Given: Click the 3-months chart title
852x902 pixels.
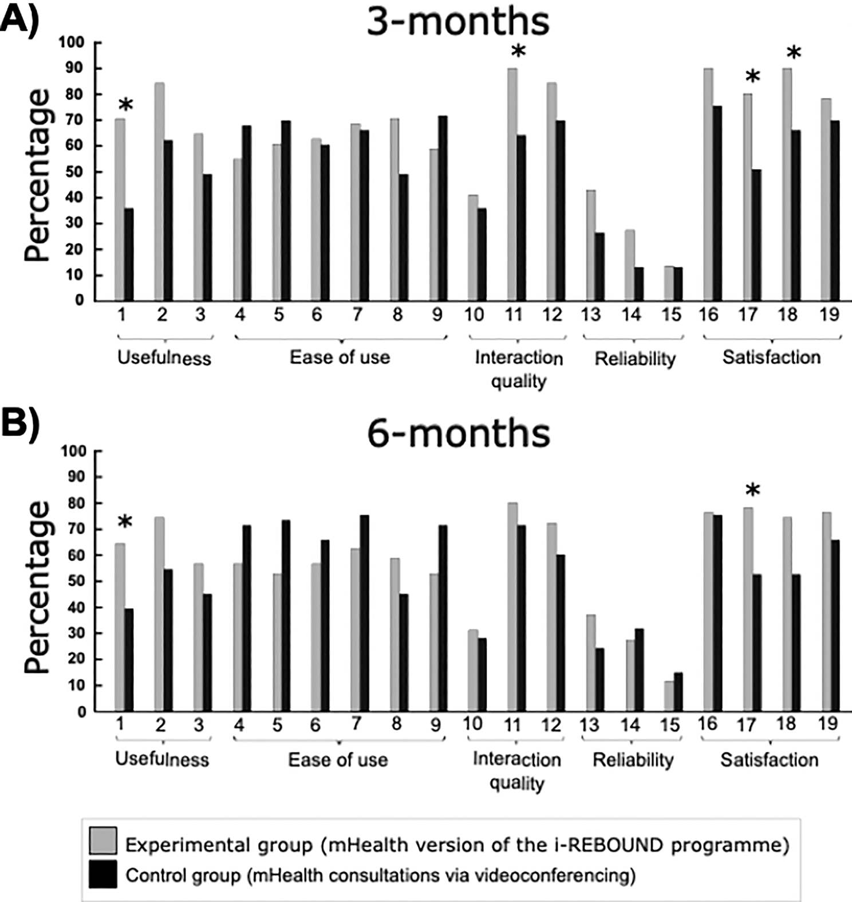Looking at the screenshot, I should coord(457,22).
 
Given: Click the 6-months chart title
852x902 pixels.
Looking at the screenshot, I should coord(458,434).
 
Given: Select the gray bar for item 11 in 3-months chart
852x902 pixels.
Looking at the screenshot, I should coord(512,183).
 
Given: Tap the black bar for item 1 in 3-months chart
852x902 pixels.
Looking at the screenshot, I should coord(129,254).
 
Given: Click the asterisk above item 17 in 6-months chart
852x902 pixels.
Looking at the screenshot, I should coord(752,490).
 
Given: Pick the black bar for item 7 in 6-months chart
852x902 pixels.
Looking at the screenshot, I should coord(364,613).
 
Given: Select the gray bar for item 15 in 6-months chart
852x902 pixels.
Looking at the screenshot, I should coord(669,696).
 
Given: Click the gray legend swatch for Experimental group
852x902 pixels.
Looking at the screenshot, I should coord(103,840).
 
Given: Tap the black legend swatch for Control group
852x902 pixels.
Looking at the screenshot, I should coord(103,874).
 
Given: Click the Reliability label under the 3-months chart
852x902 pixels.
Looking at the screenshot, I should coord(634,359).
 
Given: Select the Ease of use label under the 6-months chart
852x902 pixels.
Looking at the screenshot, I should coord(338,760).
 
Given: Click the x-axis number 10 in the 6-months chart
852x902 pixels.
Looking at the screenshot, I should coord(472,724).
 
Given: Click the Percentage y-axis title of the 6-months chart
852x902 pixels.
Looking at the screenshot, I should coord(38,587).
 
